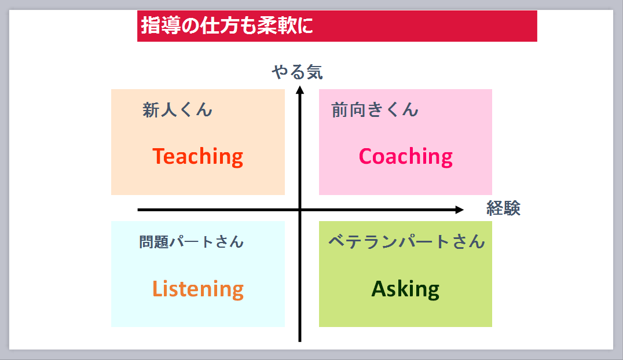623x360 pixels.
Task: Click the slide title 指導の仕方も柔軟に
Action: coord(227,25)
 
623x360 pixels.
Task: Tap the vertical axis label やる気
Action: coord(297,72)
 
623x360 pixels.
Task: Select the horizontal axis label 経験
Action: coord(503,208)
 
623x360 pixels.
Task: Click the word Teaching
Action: coord(198,156)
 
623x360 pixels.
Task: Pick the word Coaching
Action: coord(406,156)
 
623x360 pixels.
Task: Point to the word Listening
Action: coord(198,289)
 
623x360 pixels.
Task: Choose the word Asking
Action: coord(405,289)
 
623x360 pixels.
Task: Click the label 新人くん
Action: coord(177,109)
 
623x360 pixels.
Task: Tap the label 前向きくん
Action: coord(375,109)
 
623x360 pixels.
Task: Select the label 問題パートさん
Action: coord(191,241)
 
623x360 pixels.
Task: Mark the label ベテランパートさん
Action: coord(406,241)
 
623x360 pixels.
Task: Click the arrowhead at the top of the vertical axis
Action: coord(300,90)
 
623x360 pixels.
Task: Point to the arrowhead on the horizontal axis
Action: coord(459,210)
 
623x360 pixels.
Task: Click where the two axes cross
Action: coord(300,210)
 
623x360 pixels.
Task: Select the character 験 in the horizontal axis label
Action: coord(512,208)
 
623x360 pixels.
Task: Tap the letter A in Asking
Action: coord(379,288)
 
